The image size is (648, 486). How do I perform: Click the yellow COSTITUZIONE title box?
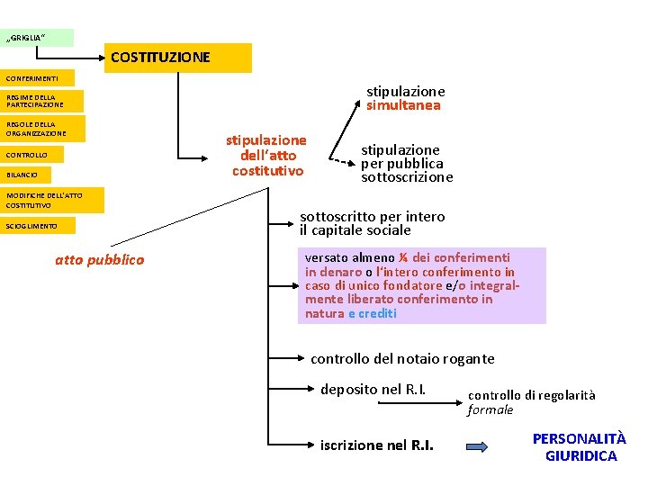[178, 58]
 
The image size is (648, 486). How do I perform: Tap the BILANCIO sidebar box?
[25, 175]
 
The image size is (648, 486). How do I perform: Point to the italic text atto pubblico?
[99, 260]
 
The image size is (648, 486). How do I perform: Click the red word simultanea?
[403, 105]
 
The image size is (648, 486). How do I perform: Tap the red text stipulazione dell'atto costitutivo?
[266, 155]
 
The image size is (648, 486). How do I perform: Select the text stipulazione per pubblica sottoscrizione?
[407, 163]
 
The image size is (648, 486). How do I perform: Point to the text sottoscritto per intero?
[372, 216]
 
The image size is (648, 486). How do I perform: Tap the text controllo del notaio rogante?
[402, 358]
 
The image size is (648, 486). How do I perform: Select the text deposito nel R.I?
[373, 389]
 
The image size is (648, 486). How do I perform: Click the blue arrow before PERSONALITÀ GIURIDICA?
[478, 445]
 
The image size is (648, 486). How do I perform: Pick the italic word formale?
[490, 409]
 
